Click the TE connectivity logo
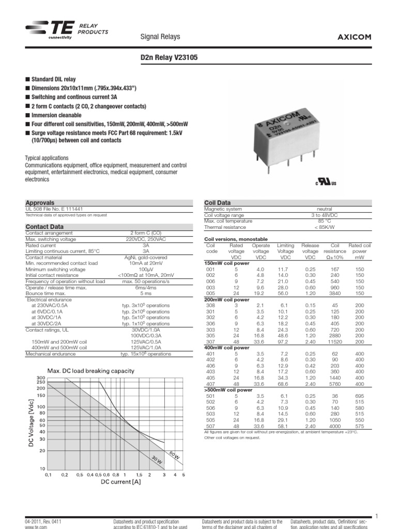pos(50,30)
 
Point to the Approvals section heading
pos(40,203)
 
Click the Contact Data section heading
pos(45,227)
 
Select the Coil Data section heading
pos(218,203)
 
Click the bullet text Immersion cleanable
pos(57,115)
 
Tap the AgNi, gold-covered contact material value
pos(146,257)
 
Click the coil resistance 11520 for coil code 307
pos(334,342)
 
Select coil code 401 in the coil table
pos(210,354)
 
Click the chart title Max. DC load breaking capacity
pos(90,371)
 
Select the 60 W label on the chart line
pos(175,455)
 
